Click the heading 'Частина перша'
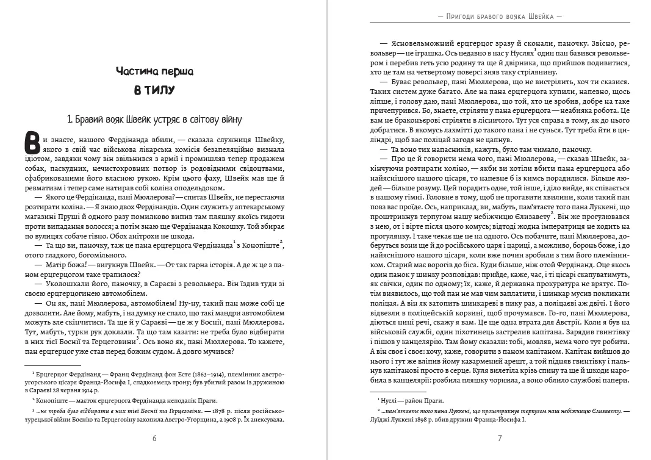pos(154,71)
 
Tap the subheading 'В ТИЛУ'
pos(154,91)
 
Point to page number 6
pos(154,438)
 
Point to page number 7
pos(499,438)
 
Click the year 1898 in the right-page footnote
pos(428,420)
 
